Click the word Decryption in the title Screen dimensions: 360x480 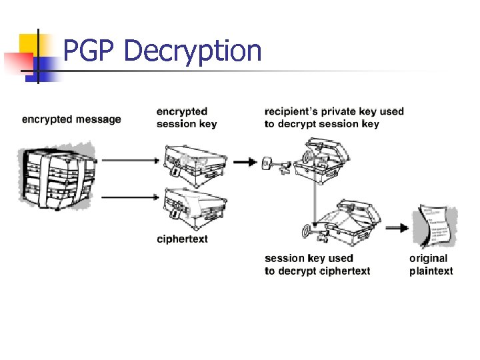click(x=193, y=51)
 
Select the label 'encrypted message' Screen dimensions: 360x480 click(x=71, y=119)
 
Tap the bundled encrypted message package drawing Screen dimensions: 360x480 click(x=56, y=176)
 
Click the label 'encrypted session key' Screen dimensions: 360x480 click(x=186, y=117)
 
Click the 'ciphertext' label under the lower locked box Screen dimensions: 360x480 click(x=182, y=239)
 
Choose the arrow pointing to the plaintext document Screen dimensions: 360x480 click(x=398, y=227)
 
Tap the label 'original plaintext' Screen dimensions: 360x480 click(x=431, y=264)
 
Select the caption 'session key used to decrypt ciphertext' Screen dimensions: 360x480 click(x=317, y=264)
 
